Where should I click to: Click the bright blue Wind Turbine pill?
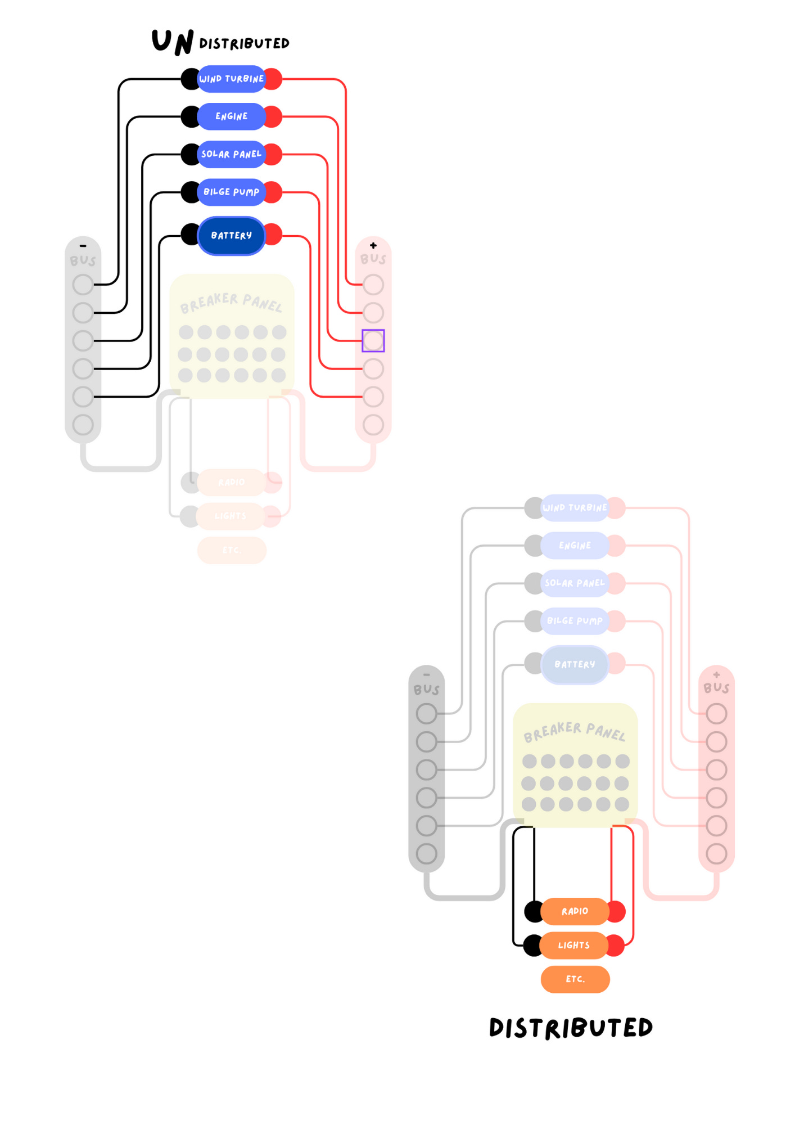tap(231, 79)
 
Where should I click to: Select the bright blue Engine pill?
tap(231, 116)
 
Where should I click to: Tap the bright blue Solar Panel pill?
tap(231, 154)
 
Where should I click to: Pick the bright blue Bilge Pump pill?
tap(231, 192)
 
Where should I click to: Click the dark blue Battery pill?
tap(231, 236)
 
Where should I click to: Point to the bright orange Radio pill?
tap(575, 911)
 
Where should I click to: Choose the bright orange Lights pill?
tap(574, 946)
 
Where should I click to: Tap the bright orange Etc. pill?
tap(575, 979)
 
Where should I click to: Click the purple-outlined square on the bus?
tap(373, 341)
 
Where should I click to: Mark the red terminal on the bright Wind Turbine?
tap(274, 79)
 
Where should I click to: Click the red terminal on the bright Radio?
tap(617, 911)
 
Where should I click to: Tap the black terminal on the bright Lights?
tap(532, 946)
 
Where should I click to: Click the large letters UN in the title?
tap(173, 42)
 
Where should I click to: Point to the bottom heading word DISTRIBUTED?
tap(571, 1028)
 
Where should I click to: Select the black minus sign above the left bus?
tap(83, 246)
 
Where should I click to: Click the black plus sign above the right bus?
tap(373, 245)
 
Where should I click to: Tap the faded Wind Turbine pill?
tap(575, 508)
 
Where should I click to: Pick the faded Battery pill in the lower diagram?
tap(575, 665)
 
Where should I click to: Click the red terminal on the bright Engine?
tap(274, 116)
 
